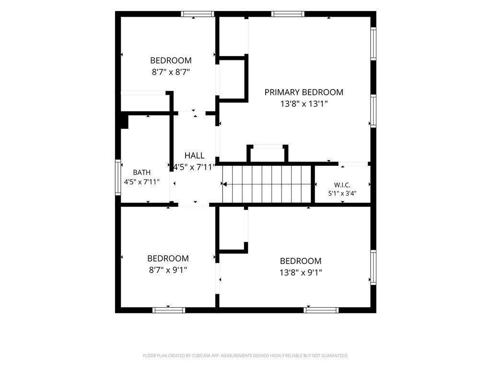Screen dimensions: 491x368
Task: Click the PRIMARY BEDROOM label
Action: (x=304, y=92)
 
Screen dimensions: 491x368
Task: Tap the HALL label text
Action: (x=194, y=156)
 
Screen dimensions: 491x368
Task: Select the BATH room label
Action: (x=141, y=172)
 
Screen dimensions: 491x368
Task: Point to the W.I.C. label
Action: (x=342, y=185)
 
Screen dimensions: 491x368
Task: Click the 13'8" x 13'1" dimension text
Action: (x=304, y=104)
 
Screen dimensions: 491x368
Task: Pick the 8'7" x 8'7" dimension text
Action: (x=171, y=72)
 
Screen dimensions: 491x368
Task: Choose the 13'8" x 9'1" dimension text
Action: (x=301, y=273)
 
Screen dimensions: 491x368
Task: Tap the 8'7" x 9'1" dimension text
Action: (x=168, y=270)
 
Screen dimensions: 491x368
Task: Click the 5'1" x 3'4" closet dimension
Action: (x=342, y=194)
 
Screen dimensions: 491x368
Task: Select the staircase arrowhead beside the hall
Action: (x=224, y=184)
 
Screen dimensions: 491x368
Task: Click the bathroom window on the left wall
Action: (x=118, y=177)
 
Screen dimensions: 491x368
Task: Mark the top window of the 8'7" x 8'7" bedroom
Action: (x=198, y=14)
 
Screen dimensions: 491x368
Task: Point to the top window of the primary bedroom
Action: (x=288, y=14)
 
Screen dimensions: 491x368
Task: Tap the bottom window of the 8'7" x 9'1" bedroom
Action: (x=168, y=310)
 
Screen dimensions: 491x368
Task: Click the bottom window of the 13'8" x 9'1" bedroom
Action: (x=321, y=310)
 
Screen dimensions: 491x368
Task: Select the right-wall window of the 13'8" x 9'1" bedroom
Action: (x=373, y=267)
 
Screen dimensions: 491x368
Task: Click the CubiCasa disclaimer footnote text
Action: (x=245, y=356)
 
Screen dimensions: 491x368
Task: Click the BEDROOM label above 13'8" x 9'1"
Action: (x=301, y=261)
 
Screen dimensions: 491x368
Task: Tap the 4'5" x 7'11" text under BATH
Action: (x=142, y=182)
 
